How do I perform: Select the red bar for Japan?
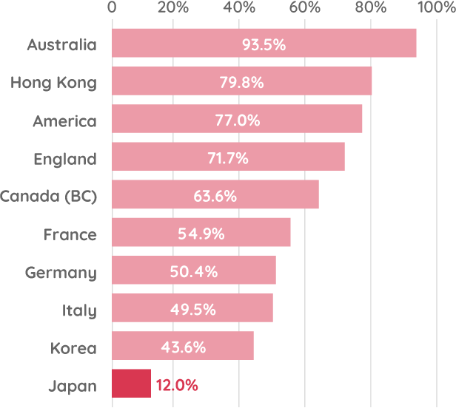(x=131, y=384)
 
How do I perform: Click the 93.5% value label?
(x=264, y=44)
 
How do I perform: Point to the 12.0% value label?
(x=177, y=385)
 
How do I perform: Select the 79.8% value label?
(x=241, y=82)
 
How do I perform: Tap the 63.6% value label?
(x=215, y=196)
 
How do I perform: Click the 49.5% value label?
(x=192, y=310)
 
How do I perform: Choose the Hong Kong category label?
(x=53, y=82)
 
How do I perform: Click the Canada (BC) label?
(x=48, y=196)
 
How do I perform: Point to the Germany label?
(x=61, y=272)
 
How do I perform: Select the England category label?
(x=65, y=158)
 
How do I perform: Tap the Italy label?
(x=79, y=310)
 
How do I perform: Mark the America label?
(x=64, y=120)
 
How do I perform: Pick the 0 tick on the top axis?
(x=112, y=7)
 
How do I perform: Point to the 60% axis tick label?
(x=305, y=7)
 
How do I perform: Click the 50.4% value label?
(x=193, y=272)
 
